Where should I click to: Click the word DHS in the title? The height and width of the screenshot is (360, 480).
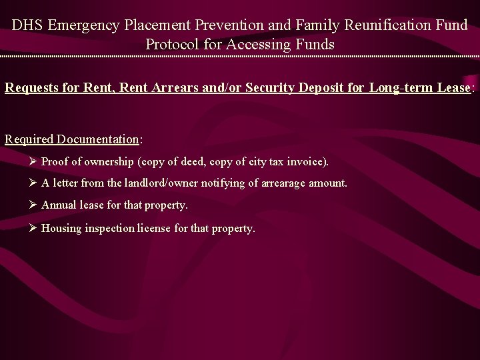click(x=28, y=25)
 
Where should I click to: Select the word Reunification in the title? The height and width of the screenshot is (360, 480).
click(x=379, y=25)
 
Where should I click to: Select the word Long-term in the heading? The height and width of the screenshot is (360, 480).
click(x=399, y=87)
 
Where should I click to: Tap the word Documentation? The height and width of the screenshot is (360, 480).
click(x=97, y=139)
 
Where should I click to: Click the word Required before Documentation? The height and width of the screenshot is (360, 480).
click(x=29, y=139)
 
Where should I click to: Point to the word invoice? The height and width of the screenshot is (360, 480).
click(x=307, y=161)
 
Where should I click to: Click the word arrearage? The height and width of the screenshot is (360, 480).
click(x=280, y=183)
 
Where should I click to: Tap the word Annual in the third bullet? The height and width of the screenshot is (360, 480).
click(x=59, y=205)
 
